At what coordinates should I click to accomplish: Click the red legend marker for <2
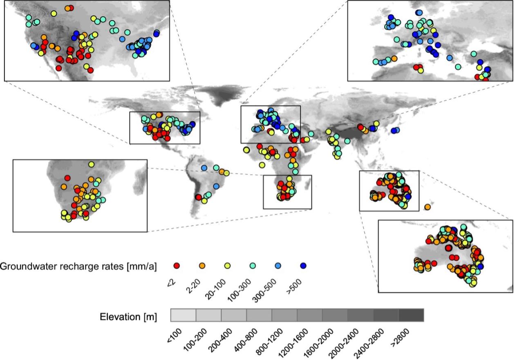tap(177, 266)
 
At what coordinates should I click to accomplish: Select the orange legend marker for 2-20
tap(202, 266)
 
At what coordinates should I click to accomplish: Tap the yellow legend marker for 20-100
tap(227, 266)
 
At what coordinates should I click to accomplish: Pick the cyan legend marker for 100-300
tap(253, 266)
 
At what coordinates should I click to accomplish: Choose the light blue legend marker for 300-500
tap(278, 266)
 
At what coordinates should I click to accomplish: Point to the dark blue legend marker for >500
tap(303, 266)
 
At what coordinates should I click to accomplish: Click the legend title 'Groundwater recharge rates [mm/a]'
tap(78, 266)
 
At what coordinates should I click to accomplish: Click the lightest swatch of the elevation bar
tap(183, 315)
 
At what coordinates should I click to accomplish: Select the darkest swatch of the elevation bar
tap(411, 315)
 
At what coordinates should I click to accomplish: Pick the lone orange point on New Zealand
tap(427, 207)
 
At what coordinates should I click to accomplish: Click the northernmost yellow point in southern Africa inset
tap(91, 164)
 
